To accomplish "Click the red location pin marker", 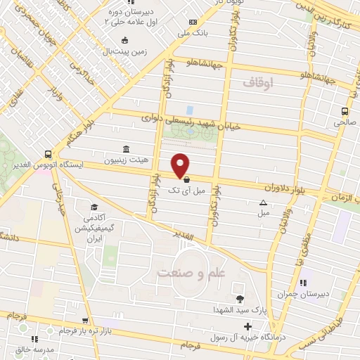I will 181,165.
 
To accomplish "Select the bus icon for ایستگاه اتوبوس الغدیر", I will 48,153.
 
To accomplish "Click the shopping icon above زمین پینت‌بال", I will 125,40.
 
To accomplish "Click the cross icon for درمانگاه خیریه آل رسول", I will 247,326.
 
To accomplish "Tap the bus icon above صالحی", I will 345,111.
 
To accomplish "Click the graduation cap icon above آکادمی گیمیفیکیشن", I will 94,207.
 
